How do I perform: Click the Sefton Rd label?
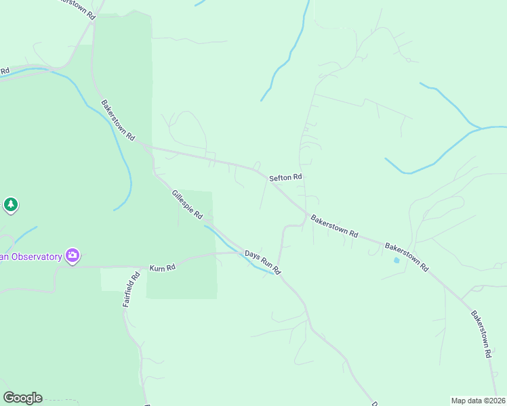285,178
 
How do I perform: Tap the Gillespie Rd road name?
188,204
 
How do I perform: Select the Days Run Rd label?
262,262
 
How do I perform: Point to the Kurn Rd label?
163,268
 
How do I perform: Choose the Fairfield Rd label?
131,290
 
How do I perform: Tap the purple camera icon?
73,256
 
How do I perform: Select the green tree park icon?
10,204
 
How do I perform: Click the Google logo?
22,398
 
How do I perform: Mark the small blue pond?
397,260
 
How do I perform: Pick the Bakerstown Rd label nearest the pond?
407,256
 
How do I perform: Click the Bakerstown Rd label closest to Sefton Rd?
334,226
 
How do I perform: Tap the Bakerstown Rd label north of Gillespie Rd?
118,120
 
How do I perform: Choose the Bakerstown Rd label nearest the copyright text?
481,334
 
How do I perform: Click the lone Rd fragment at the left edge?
5,70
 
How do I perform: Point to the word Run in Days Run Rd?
263,262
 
